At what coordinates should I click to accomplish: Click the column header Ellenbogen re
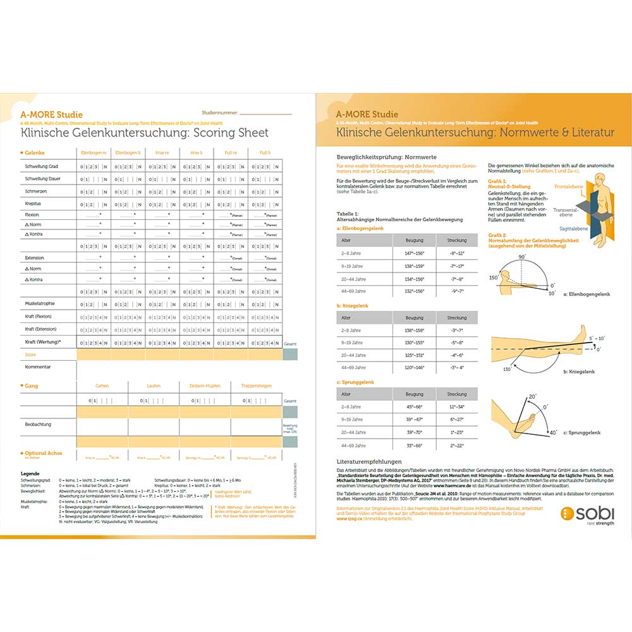tap(94, 152)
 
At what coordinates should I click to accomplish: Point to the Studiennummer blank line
tap(266, 114)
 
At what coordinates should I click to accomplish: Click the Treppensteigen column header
tap(256, 386)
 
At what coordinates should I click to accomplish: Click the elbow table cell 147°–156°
tap(415, 253)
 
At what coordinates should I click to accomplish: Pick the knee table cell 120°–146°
tap(415, 368)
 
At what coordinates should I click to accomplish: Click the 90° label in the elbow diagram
tap(522, 257)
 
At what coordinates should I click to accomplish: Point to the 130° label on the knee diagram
tap(507, 369)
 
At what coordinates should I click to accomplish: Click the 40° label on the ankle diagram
tap(553, 432)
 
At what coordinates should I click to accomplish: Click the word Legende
tap(30, 473)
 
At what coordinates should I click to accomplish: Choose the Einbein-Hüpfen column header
tap(205, 386)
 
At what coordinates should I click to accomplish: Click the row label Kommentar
tap(37, 367)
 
